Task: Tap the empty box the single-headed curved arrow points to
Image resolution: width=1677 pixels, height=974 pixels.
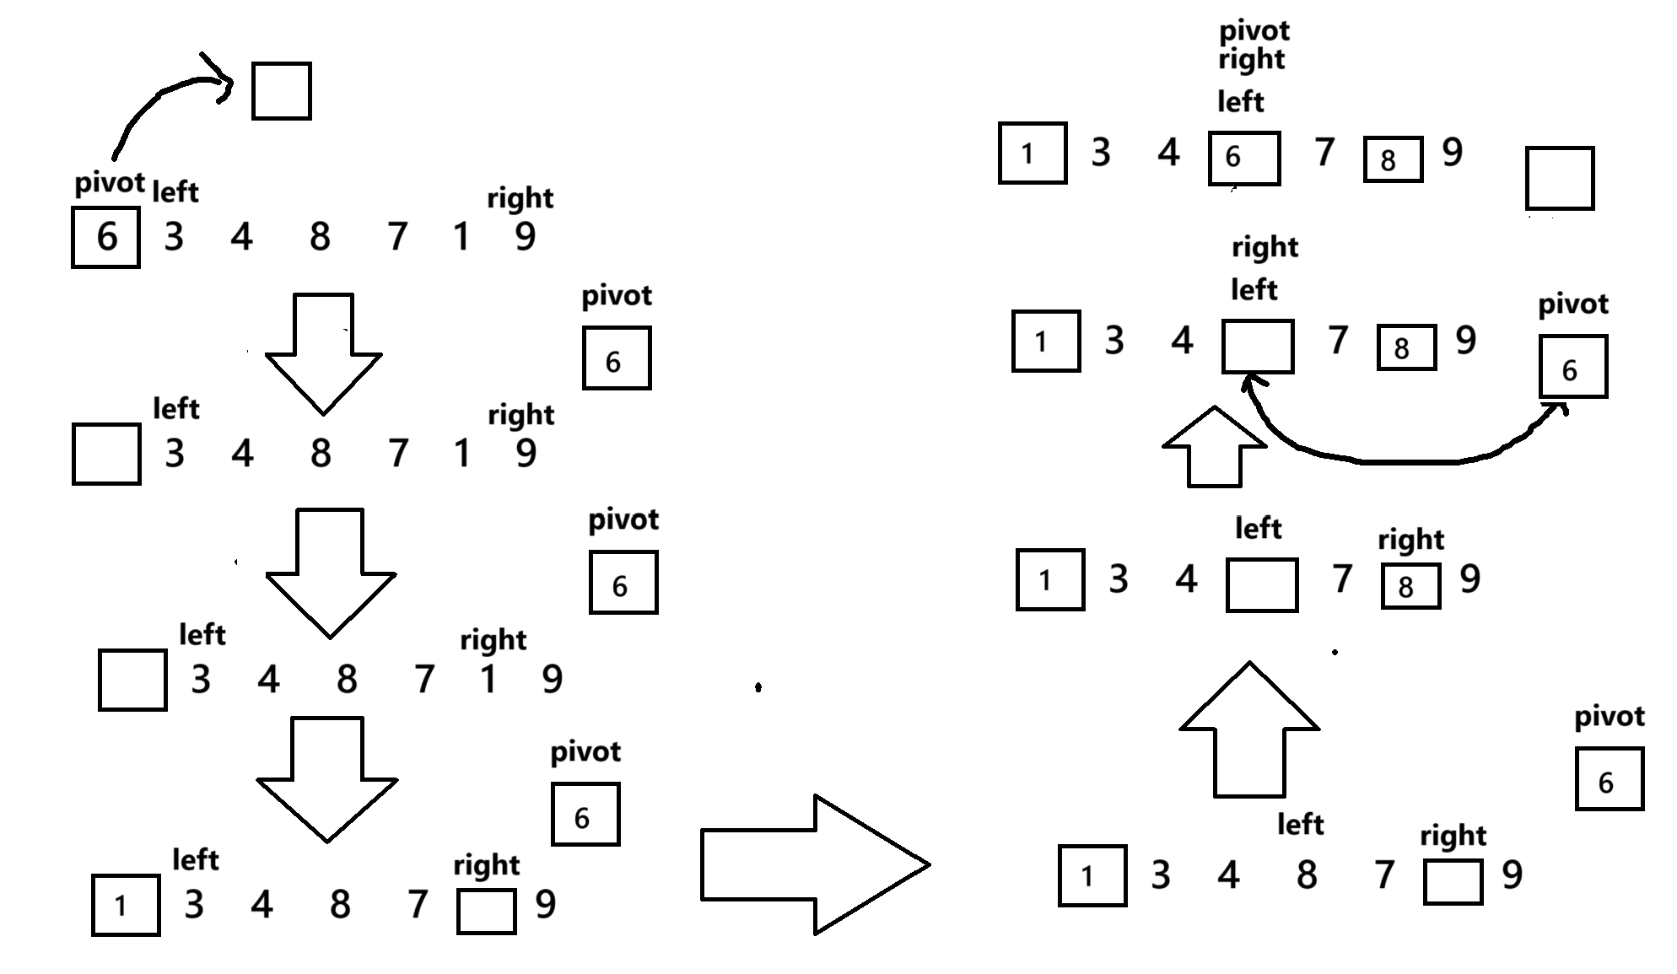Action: point(282,91)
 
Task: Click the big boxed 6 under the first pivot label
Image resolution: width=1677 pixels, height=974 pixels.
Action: point(106,237)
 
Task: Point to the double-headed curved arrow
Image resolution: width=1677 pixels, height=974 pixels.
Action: point(1400,460)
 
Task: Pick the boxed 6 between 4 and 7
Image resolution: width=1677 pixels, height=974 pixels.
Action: point(1243,158)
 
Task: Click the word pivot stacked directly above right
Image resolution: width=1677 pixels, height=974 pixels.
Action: point(1254,31)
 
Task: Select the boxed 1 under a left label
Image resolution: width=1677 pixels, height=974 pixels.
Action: point(126,905)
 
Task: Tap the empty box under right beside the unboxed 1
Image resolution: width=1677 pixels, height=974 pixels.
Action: point(486,912)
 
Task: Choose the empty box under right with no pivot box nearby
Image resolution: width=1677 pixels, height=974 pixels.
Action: point(1453,881)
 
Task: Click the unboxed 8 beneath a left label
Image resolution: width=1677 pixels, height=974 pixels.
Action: point(1307,874)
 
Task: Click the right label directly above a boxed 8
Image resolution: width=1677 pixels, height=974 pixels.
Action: point(1410,540)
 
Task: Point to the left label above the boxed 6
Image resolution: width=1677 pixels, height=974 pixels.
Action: point(1240,102)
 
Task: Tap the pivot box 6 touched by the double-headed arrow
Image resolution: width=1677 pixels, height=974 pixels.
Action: point(1573,367)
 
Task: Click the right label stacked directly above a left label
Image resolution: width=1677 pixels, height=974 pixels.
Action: point(1264,247)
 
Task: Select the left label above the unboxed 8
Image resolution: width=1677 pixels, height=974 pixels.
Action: point(1300,824)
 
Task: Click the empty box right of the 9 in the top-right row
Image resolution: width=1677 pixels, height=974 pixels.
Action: point(1560,179)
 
